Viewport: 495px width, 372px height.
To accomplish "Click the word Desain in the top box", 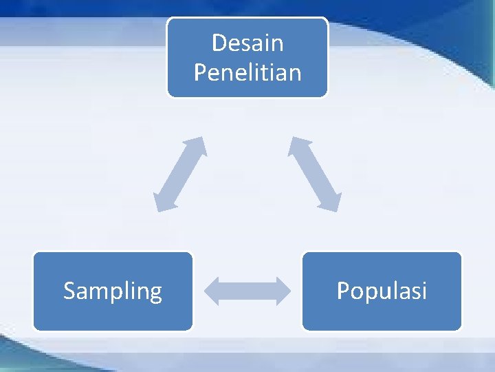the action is pos(247,43).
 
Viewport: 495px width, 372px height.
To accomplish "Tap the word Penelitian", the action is pos(247,72).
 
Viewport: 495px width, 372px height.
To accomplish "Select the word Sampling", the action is pos(113,291).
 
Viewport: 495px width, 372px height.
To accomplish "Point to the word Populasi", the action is pos(382,291).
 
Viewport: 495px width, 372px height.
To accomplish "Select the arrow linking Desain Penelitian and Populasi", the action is pos(315,174).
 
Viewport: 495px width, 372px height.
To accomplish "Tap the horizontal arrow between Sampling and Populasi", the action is pos(247,291).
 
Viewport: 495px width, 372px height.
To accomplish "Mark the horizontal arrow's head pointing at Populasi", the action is pos(283,291).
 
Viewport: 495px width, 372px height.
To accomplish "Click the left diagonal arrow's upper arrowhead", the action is pos(198,145).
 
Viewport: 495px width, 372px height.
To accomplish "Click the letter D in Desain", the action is pos(219,43).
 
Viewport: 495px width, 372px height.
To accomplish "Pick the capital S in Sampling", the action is pos(69,291).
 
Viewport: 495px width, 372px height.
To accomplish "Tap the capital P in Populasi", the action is pos(342,291).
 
